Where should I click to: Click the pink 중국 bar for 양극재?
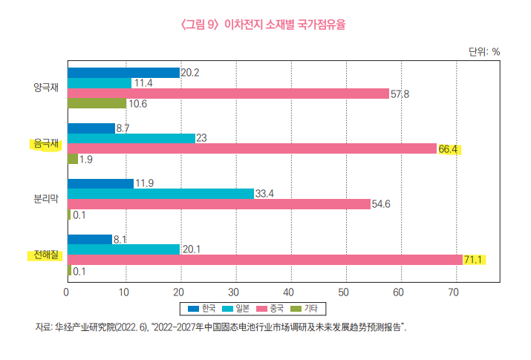tap(228, 94)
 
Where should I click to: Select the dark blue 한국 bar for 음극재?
tap(91, 128)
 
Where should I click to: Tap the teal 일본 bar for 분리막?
tap(160, 194)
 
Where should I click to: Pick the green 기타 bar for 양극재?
tap(97, 104)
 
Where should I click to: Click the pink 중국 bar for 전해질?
tap(264, 260)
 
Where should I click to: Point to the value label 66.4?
tap(449, 149)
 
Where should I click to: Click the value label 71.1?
tap(473, 260)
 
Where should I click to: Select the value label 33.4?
tap(265, 194)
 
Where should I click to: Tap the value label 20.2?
tap(190, 73)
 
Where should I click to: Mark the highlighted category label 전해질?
tap(45, 255)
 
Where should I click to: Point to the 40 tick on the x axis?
tap(290, 292)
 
